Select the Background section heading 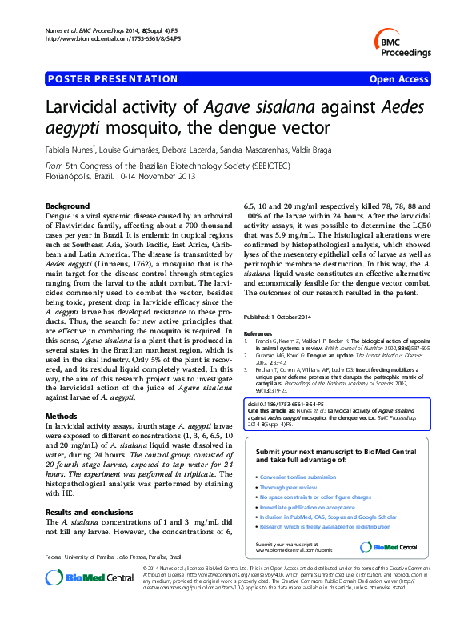pyautogui.click(x=68, y=206)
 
